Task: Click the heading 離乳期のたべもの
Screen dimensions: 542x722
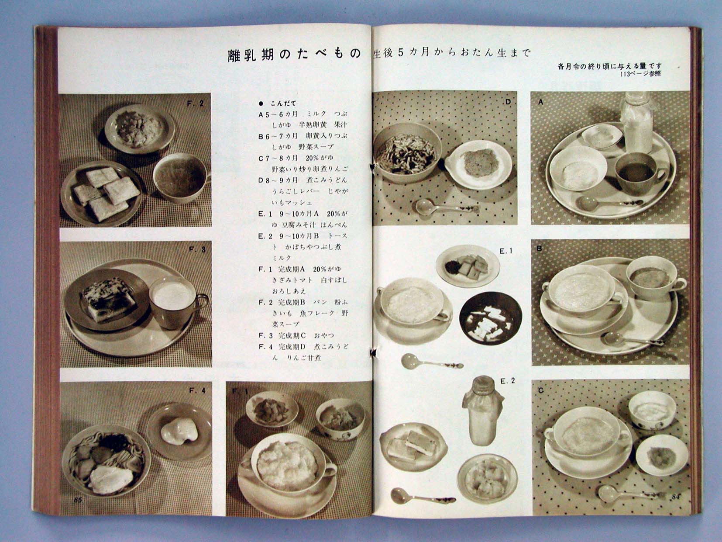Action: [x=295, y=54]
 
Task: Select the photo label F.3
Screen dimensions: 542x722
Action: [x=197, y=250]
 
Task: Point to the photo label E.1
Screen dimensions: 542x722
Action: [x=506, y=251]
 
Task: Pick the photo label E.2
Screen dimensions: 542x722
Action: [x=508, y=381]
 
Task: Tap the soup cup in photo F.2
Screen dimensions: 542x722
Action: [x=179, y=176]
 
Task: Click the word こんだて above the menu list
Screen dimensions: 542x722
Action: [x=283, y=104]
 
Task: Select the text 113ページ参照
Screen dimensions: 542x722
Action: [x=639, y=74]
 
